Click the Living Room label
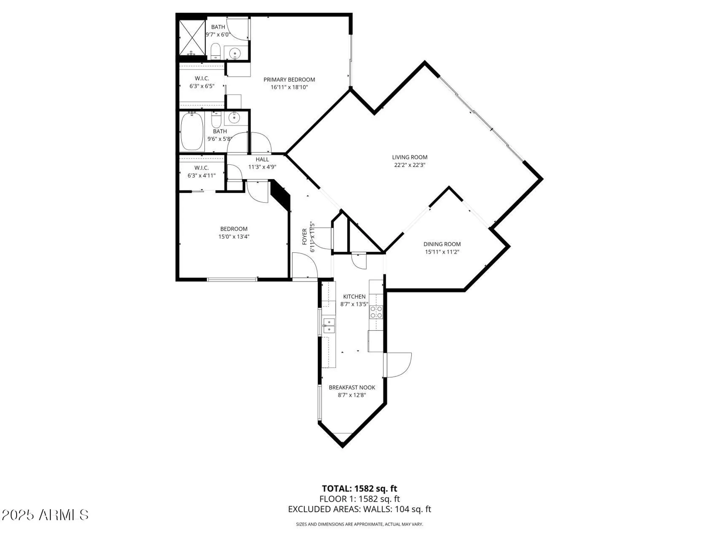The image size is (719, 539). coord(409,157)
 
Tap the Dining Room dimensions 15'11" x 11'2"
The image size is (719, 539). coord(442,252)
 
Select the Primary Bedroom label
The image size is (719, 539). coord(289,79)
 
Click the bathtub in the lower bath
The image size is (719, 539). coord(192,132)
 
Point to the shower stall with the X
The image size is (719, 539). coord(192,38)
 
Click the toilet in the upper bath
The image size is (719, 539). coord(215,51)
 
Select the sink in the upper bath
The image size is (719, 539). coord(235,53)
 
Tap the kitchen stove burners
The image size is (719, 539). coord(376,312)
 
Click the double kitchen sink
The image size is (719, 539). coord(329,326)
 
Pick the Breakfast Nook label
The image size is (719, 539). coord(352,387)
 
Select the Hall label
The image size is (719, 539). coord(262,159)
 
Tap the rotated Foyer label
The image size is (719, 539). coord(304,236)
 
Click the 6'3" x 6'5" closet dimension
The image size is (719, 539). coord(202,86)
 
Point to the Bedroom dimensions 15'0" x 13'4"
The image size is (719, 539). coord(234,236)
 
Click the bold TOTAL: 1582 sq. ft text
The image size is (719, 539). coord(359,489)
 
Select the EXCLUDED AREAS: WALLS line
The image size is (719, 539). coord(359,509)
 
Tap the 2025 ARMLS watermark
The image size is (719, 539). coord(45,515)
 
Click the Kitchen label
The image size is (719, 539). coord(354,296)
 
